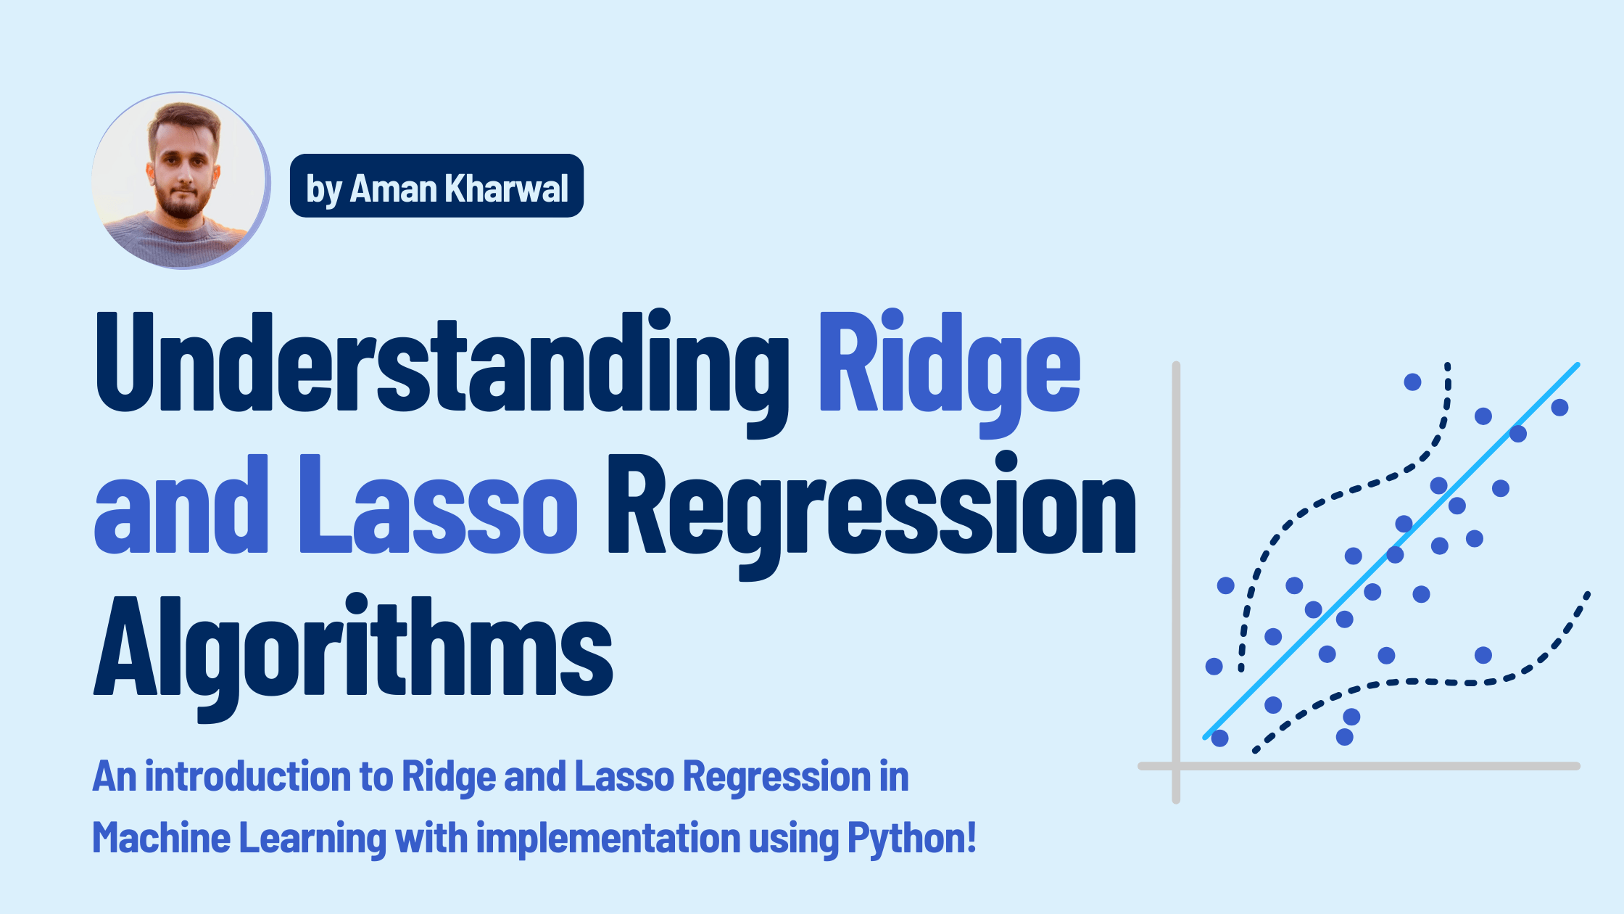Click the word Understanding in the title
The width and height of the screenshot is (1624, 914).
click(x=442, y=363)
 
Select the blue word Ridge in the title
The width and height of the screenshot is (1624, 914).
click(x=950, y=363)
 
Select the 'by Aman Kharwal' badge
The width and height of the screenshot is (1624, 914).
click(x=436, y=186)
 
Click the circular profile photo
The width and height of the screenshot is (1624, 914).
click(x=181, y=181)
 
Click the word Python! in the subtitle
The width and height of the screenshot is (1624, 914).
click(x=912, y=838)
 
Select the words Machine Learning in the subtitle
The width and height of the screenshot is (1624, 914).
click(x=239, y=838)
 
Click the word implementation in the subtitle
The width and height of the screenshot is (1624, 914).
click(x=608, y=838)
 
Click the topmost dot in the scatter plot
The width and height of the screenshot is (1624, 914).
click(x=1412, y=382)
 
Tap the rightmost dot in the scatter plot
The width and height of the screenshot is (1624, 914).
click(x=1559, y=407)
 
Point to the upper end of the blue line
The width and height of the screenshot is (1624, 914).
click(x=1576, y=366)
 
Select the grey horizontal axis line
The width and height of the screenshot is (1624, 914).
click(x=1377, y=766)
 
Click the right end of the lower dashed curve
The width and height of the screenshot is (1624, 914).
click(x=1587, y=595)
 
